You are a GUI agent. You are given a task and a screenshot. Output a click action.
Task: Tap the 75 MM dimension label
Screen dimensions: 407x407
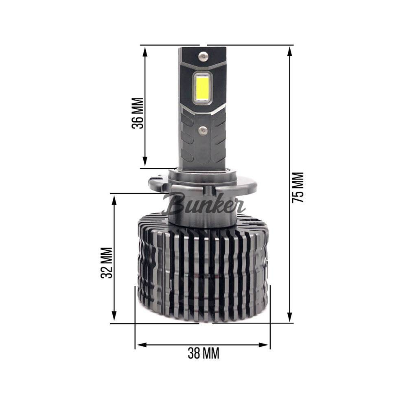click(x=299, y=188)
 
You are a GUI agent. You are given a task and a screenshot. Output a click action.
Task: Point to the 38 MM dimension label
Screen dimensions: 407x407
click(x=203, y=353)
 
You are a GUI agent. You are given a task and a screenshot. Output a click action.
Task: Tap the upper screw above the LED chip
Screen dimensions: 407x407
click(x=203, y=56)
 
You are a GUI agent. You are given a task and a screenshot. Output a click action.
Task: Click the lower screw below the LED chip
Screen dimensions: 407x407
click(x=203, y=130)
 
